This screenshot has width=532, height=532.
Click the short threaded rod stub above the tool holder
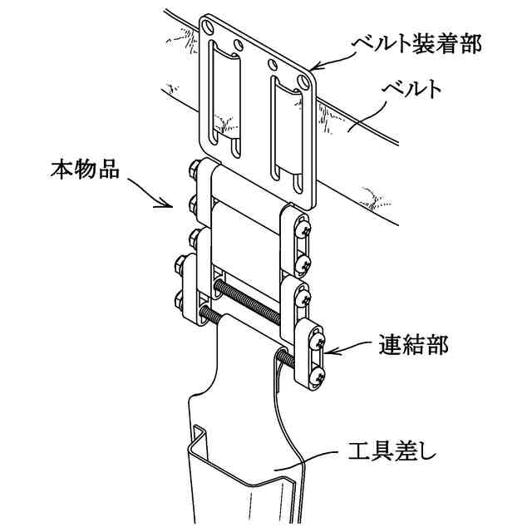tap(283, 357)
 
